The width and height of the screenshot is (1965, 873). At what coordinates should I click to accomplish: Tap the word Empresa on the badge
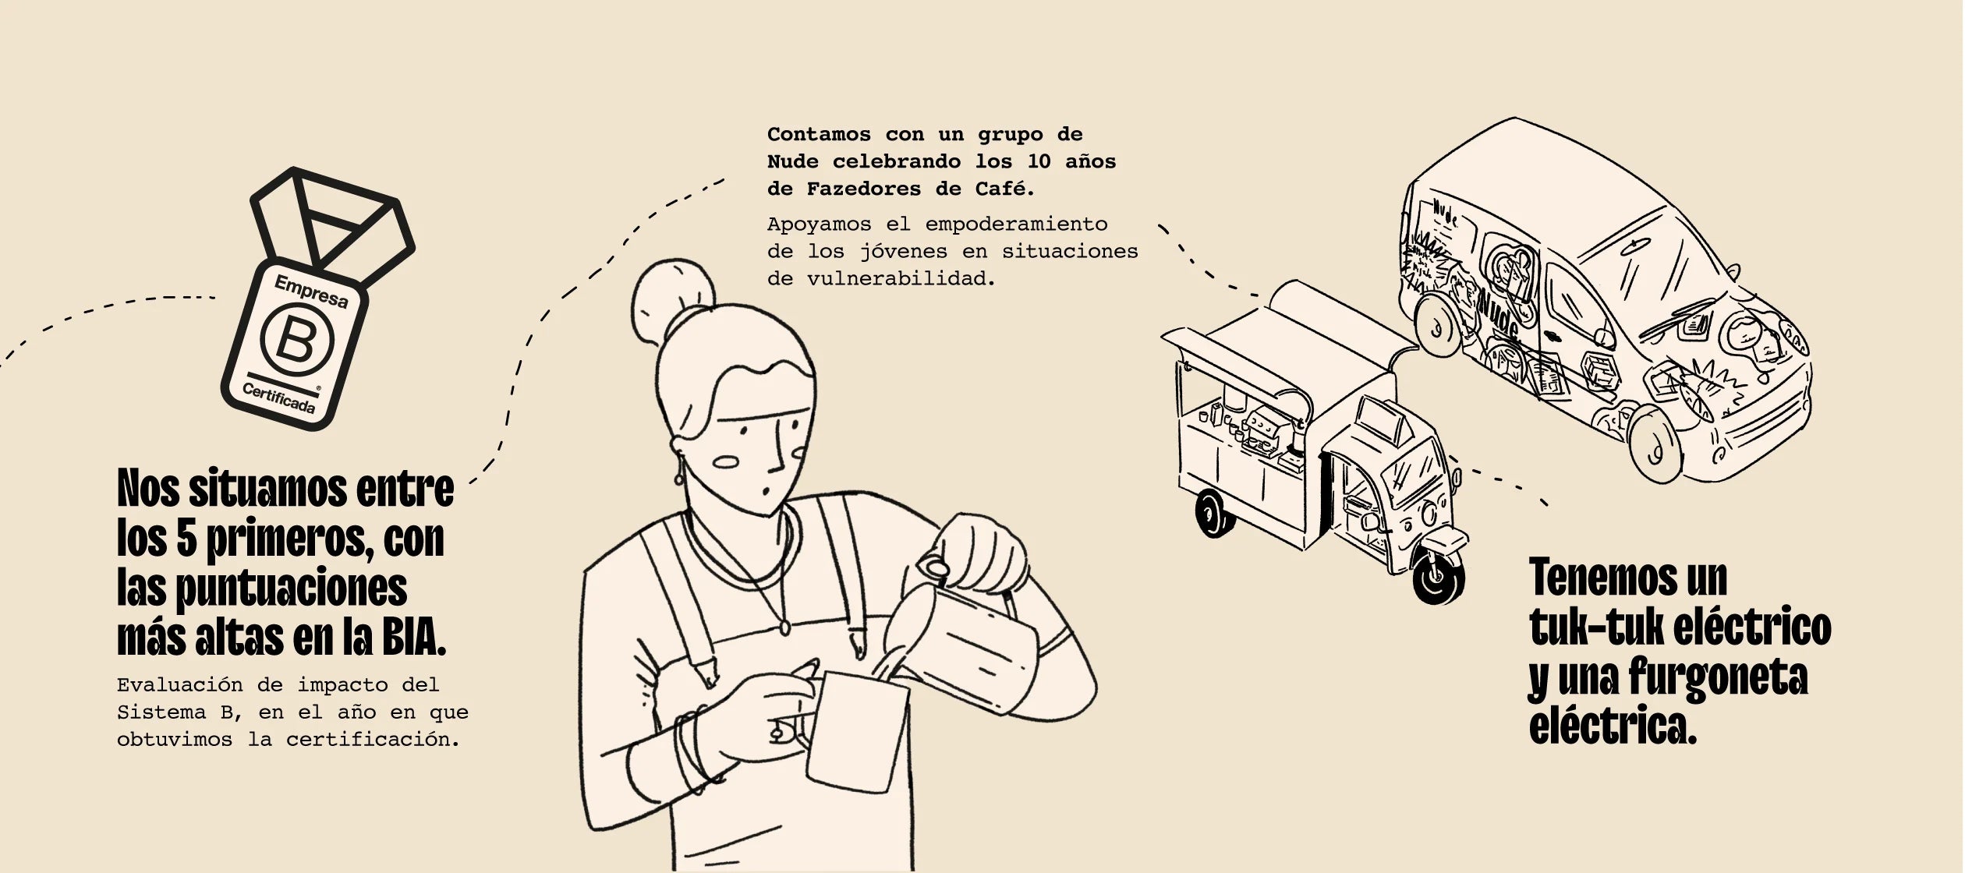(311, 292)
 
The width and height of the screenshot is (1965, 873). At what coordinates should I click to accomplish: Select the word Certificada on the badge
(278, 398)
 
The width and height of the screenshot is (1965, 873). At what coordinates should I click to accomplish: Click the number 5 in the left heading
(186, 539)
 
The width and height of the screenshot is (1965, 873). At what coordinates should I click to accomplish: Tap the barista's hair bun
(673, 300)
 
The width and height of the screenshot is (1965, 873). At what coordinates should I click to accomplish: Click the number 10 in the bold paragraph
(1039, 161)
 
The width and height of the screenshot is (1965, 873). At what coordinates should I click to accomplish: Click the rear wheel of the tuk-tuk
(1213, 514)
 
